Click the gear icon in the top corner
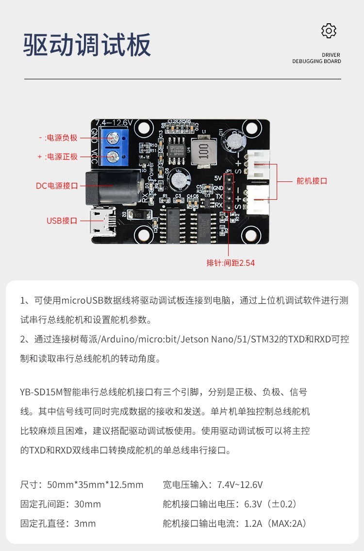pos(329,31)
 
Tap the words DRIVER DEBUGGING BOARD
pos(316,58)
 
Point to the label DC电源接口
pos(57,185)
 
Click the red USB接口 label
pos(62,221)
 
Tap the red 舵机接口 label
pos(312,181)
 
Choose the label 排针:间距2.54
pos(231,263)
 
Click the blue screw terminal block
pos(113,146)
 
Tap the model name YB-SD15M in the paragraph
pos(40,392)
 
